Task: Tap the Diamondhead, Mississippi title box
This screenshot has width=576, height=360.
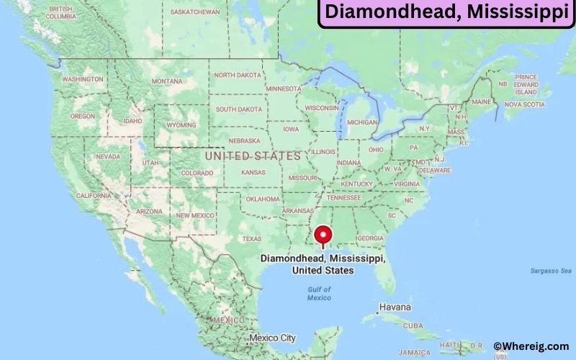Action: [x=446, y=13]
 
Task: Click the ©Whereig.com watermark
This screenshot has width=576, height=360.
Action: [x=531, y=346]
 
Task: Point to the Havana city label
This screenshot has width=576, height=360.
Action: [x=396, y=307]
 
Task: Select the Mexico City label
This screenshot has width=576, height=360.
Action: [x=272, y=338]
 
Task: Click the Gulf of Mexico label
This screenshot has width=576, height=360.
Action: [x=318, y=293]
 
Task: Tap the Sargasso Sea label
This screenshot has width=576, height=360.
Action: [x=546, y=270]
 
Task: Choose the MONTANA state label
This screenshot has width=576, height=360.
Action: [x=167, y=81]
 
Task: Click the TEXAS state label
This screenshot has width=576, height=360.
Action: [x=252, y=238]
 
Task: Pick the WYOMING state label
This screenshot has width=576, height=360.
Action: [x=181, y=124]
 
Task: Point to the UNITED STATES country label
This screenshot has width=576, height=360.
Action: [x=253, y=156]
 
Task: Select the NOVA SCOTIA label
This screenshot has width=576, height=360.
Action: [x=523, y=104]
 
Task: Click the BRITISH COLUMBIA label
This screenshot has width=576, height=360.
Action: [x=61, y=12]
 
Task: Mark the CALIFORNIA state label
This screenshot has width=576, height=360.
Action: [x=94, y=195]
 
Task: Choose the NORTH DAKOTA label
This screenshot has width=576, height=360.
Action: [x=238, y=75]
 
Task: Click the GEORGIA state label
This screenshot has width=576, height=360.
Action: [x=371, y=238]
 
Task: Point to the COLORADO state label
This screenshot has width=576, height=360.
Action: [x=197, y=173]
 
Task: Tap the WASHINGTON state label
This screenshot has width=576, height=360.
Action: [x=82, y=79]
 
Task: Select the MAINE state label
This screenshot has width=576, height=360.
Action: [x=482, y=102]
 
